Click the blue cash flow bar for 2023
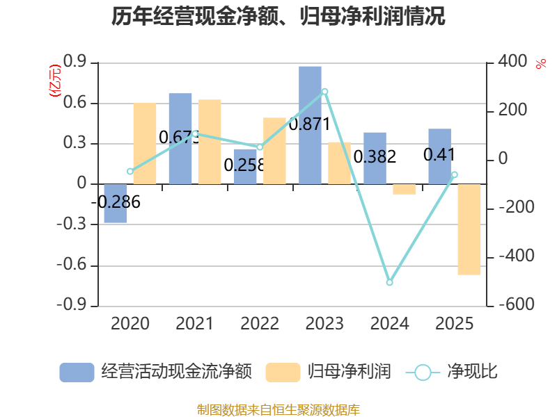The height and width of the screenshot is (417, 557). [x=310, y=125]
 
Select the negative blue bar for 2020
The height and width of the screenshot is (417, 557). [x=116, y=204]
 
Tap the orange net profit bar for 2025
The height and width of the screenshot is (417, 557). [x=469, y=229]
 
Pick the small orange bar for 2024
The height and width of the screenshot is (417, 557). [x=405, y=189]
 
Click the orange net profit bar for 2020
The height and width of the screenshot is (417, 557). [x=145, y=144]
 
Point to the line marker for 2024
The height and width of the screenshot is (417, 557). [x=389, y=282]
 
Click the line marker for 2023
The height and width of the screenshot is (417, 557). [x=324, y=92]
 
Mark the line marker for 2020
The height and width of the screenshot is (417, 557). [x=130, y=171]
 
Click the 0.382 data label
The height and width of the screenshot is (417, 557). [x=375, y=157]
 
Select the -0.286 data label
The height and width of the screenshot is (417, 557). [x=116, y=202]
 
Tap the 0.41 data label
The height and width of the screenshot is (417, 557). [x=439, y=154]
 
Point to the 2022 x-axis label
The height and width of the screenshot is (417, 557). [x=260, y=323]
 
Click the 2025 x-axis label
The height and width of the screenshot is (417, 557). [x=455, y=323]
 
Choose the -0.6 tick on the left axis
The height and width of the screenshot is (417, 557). [x=72, y=264]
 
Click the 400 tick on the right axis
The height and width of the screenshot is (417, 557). [x=512, y=61]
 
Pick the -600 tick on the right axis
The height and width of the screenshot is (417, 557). [x=516, y=304]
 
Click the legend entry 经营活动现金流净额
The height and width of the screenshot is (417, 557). [x=155, y=372]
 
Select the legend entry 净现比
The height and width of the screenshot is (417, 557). [x=452, y=372]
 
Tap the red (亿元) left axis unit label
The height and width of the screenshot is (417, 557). [x=55, y=81]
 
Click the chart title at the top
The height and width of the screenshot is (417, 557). [x=278, y=16]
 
